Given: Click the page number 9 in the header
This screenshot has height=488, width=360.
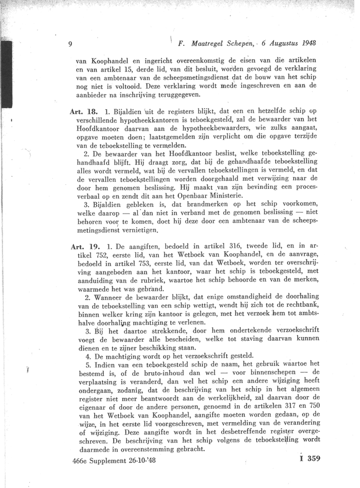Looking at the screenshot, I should coord(70,44).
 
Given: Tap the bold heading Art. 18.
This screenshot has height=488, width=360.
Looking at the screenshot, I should coord(84,111).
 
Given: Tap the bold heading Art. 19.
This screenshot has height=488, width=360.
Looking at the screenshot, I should coord(84,247).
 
